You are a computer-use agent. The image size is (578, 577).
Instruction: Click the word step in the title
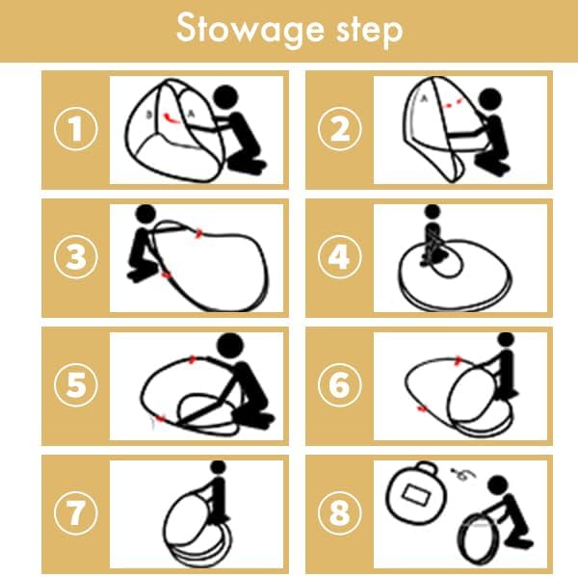pos(369,31)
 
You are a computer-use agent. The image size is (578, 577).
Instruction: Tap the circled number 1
pos(76,129)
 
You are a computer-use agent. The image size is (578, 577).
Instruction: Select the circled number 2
pos(340,129)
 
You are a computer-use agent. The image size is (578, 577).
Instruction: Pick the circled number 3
pos(76,256)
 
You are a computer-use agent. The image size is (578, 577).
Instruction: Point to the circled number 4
pos(340,256)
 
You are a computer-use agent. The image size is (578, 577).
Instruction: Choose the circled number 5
pos(76,385)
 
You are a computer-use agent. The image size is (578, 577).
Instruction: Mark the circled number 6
pos(340,385)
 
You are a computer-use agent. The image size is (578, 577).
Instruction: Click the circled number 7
pos(76,513)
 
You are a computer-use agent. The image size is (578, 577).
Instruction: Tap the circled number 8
pos(340,513)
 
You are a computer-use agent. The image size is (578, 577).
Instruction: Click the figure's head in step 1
pos(226,97)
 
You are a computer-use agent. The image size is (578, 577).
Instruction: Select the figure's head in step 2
pos(490,100)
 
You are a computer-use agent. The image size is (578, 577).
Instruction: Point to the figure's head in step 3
pos(146,214)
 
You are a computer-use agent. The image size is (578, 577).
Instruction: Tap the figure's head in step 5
pos(230,347)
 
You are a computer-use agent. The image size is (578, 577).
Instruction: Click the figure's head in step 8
pos(498,485)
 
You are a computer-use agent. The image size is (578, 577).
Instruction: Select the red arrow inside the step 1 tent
pos(171,118)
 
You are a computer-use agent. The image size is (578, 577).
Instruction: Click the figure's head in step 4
pos(433,211)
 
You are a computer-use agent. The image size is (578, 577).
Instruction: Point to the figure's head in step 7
pos(218,467)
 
